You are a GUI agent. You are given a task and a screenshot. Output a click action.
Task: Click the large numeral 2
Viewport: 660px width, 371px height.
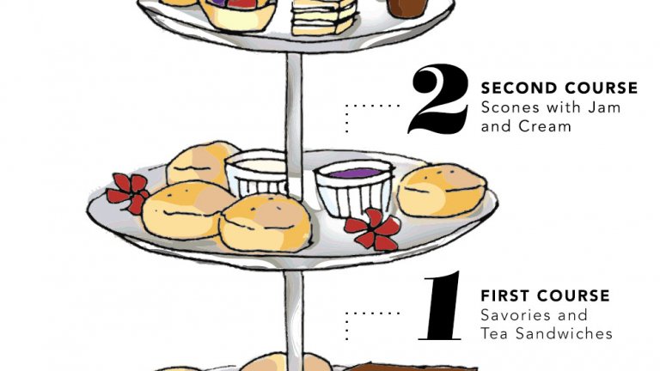(438, 100)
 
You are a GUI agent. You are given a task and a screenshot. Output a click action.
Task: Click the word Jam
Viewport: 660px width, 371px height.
(604, 107)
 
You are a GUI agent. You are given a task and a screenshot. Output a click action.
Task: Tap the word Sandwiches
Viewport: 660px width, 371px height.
(565, 333)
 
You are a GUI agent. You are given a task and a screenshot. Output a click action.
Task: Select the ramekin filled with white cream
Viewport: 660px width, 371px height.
(256, 173)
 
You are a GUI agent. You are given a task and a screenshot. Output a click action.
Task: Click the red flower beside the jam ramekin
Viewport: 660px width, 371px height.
(373, 228)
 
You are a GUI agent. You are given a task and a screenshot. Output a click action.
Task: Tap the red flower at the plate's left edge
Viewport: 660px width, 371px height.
(128, 192)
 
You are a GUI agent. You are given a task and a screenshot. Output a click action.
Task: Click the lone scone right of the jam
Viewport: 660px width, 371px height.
(442, 191)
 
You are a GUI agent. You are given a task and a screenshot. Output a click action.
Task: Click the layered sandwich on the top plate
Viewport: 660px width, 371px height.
(324, 16)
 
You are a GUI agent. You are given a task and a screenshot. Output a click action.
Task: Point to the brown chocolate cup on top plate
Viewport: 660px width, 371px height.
(407, 9)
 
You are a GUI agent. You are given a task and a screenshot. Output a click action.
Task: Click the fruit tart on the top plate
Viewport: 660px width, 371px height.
(238, 14)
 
